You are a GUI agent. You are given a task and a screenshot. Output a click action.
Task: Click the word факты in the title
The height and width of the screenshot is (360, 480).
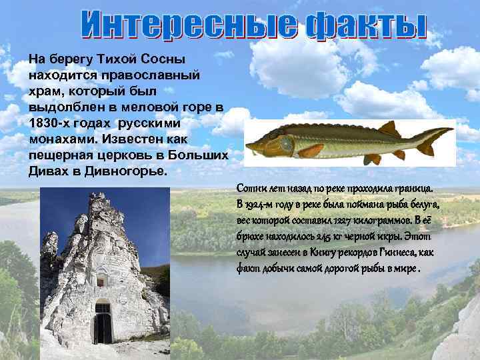pos(365,25)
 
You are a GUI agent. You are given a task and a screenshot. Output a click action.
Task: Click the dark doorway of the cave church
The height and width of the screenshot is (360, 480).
pos(103,324)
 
